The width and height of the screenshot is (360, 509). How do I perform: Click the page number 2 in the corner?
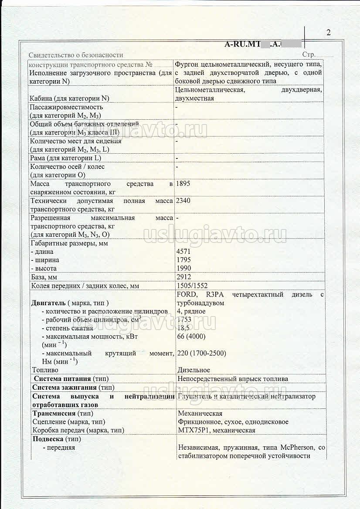tap(328, 33)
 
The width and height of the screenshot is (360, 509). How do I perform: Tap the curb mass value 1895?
tap(183, 184)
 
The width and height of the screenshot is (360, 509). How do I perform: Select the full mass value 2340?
tap(183, 201)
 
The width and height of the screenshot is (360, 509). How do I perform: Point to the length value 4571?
tap(183, 252)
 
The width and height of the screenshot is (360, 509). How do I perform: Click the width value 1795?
tap(183, 260)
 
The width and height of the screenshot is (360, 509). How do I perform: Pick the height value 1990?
tap(183, 268)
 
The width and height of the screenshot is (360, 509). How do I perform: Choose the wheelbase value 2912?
tap(183, 277)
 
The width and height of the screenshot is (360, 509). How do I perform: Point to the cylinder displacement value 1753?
tap(184, 320)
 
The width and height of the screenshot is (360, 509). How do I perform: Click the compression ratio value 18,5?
tap(184, 328)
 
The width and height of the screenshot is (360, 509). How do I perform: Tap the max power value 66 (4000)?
tap(191, 336)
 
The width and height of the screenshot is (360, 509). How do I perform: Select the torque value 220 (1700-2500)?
tap(202, 354)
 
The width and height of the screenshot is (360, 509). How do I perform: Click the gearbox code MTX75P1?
tap(194, 430)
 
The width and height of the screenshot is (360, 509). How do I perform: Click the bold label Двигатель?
tap(48, 303)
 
